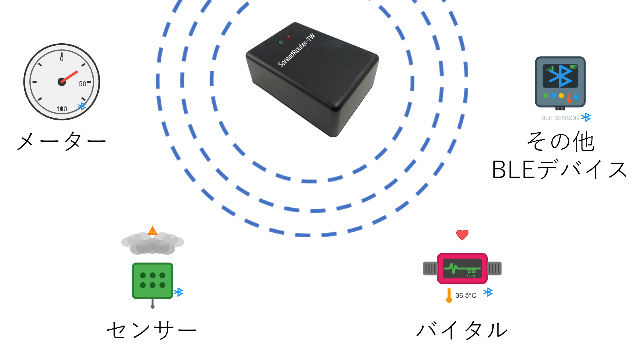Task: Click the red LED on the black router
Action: tap(288, 37)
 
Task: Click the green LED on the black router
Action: tap(281, 43)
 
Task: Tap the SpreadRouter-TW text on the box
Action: tap(297, 50)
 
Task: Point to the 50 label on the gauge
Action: tap(82, 84)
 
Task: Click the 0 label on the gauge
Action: tap(62, 59)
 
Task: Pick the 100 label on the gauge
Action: tap(62, 109)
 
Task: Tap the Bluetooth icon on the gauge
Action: tap(82, 106)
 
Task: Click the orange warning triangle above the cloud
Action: tap(153, 230)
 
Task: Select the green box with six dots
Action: tap(153, 280)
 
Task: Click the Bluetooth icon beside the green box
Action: tap(179, 292)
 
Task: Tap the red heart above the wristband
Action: tap(462, 235)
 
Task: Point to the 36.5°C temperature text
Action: tap(466, 296)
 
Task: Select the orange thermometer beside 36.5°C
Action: tap(449, 296)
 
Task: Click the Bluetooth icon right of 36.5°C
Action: tap(488, 292)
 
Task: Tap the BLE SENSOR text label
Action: tap(560, 118)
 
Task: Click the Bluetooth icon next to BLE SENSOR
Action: tap(586, 117)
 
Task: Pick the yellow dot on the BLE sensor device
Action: tap(561, 96)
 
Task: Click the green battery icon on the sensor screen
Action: tap(573, 67)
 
